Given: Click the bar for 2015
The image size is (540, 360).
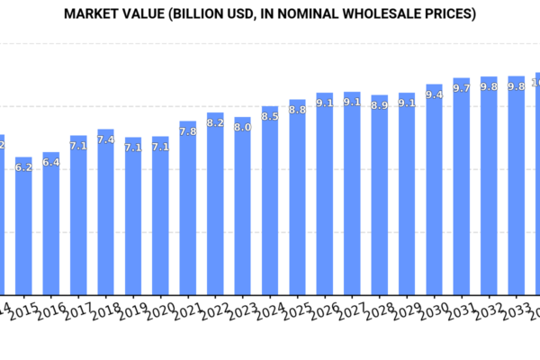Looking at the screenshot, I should pyautogui.click(x=23, y=226).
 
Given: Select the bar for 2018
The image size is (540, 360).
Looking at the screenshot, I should pyautogui.click(x=105, y=212).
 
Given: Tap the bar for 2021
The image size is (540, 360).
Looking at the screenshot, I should pyautogui.click(x=187, y=208).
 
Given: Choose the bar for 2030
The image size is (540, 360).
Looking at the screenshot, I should pyautogui.click(x=434, y=190).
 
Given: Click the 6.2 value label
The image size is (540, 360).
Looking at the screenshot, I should pyautogui.click(x=24, y=167).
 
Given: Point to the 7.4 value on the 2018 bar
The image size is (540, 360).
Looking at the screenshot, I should pyautogui.click(x=105, y=139).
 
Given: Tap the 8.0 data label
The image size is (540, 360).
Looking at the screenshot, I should pyautogui.click(x=243, y=127).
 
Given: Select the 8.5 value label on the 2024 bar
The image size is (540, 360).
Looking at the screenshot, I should pyautogui.click(x=270, y=116).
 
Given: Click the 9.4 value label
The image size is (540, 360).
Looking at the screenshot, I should pyautogui.click(x=434, y=94).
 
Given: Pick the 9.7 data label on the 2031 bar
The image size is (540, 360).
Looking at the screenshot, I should pyautogui.click(x=462, y=87).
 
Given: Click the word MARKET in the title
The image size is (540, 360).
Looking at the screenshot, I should pyautogui.click(x=100, y=14).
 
